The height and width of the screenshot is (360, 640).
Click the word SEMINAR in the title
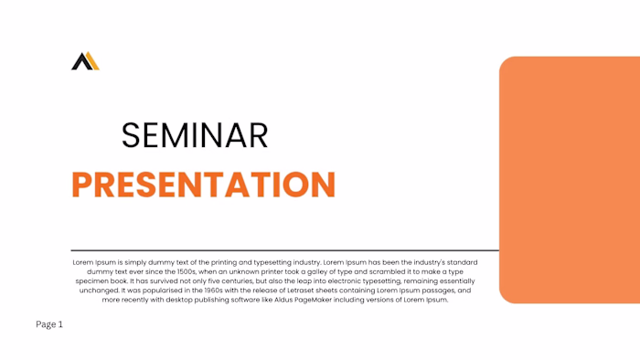point(195,136)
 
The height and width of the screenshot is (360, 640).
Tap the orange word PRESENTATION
point(203,185)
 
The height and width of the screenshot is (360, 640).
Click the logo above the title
point(85,61)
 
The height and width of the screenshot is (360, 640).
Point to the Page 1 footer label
point(49,324)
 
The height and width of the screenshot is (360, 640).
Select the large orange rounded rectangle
point(569,179)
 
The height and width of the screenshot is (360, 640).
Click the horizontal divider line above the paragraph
point(284,249)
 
